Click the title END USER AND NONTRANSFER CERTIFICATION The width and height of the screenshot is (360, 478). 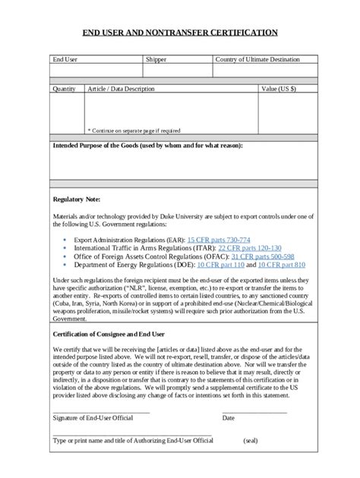tap(180, 33)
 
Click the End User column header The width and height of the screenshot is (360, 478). tap(65, 59)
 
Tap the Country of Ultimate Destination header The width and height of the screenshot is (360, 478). tap(257, 59)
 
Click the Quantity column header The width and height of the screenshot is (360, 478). tap(64, 89)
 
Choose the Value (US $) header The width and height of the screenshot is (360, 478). tap(278, 89)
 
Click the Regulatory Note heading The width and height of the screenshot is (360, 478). tap(76, 199)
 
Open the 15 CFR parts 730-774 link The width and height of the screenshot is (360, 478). tap(218, 239)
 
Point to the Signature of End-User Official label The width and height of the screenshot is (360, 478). tap(93, 418)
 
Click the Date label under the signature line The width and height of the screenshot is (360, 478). tap(228, 418)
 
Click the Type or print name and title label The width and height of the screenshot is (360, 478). tap(132, 440)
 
